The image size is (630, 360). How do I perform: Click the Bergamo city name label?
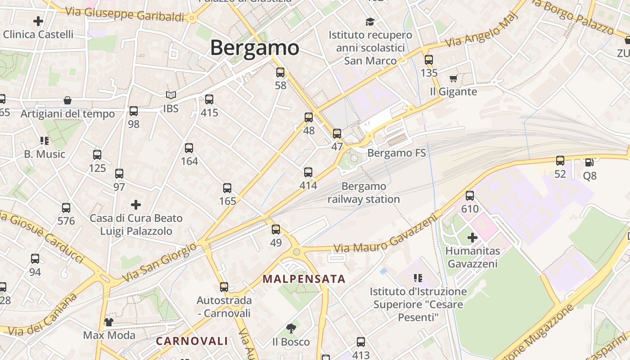[x=254, y=48]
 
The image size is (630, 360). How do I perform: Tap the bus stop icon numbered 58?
[x=280, y=72]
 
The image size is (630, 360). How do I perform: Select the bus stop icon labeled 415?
[x=209, y=99]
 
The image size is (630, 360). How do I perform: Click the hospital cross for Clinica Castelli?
[x=38, y=21]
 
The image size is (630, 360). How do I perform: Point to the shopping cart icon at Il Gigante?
[x=453, y=79]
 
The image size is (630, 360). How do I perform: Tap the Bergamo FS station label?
[x=396, y=153]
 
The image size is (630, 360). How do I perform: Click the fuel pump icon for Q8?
[x=589, y=162]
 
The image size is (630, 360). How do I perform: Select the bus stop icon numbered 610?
[x=470, y=196]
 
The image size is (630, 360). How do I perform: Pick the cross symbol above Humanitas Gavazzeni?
[x=472, y=238]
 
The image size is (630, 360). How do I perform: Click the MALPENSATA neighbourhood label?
[x=304, y=279]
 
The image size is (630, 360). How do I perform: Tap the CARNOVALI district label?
[x=192, y=341]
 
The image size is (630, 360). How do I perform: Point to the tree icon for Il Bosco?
[x=291, y=328]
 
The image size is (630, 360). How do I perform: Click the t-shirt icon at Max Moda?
[x=109, y=322]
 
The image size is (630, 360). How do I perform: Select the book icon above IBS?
[x=171, y=95]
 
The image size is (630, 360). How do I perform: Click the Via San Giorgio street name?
[x=159, y=262]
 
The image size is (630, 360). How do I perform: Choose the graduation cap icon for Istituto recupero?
[x=370, y=22]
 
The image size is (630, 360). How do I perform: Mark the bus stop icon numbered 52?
[x=560, y=161]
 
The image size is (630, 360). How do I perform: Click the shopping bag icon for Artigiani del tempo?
[x=67, y=100]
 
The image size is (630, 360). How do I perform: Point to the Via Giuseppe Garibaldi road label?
[x=125, y=14]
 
